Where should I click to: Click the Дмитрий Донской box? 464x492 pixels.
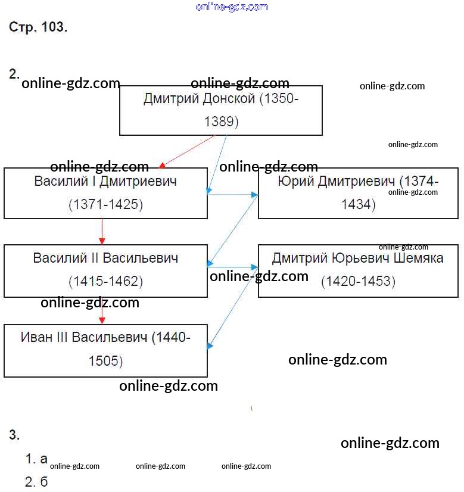(x=220, y=110)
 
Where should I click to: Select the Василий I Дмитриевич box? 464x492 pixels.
(x=105, y=193)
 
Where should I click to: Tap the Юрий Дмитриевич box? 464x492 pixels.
(x=358, y=193)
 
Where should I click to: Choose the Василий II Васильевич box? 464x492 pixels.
(x=105, y=270)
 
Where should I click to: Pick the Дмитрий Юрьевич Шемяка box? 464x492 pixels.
(x=358, y=270)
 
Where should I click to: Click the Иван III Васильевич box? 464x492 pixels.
(x=105, y=350)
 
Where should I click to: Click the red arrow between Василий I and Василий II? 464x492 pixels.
(x=102, y=231)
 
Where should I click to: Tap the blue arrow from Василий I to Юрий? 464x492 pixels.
(x=232, y=194)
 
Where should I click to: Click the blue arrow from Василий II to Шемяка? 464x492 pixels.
(x=232, y=267)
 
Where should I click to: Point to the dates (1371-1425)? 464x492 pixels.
(x=105, y=205)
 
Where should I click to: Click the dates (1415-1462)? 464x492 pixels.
(x=105, y=281)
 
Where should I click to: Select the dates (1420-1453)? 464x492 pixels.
(x=358, y=281)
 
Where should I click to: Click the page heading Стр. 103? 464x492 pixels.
(x=38, y=27)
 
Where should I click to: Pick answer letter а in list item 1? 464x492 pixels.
(x=43, y=459)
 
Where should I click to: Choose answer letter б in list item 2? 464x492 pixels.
(x=43, y=481)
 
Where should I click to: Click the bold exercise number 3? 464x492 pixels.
(x=14, y=435)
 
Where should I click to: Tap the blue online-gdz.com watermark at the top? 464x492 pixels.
(x=232, y=7)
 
